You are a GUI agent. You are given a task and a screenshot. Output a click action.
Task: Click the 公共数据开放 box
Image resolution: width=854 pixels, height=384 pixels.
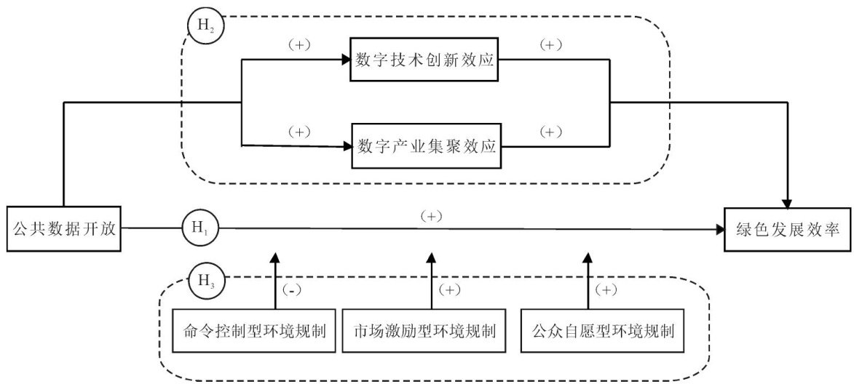click(x=64, y=228)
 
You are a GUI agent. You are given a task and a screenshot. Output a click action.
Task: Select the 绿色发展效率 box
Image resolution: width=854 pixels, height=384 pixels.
click(x=788, y=229)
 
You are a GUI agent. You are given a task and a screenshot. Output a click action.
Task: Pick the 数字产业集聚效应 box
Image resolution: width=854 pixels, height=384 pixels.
click(x=427, y=146)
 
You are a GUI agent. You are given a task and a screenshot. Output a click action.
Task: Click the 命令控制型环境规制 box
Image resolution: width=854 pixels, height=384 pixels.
click(x=256, y=331)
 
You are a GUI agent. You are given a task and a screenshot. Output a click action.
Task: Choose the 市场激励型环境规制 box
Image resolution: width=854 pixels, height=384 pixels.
click(x=427, y=331)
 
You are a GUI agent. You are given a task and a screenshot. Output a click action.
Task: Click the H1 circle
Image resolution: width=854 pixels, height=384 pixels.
click(x=202, y=229)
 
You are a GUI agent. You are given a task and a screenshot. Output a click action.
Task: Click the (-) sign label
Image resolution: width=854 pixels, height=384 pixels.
click(x=293, y=290)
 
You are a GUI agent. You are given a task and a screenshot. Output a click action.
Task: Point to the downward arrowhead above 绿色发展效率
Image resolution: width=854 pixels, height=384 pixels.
click(x=788, y=201)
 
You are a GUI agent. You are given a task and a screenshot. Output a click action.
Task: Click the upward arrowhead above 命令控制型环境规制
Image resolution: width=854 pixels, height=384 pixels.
click(x=276, y=257)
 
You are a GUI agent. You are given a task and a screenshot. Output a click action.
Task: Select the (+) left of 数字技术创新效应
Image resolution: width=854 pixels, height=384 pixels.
click(x=298, y=45)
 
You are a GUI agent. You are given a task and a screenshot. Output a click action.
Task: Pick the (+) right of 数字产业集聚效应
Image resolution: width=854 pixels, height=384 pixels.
click(x=550, y=131)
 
